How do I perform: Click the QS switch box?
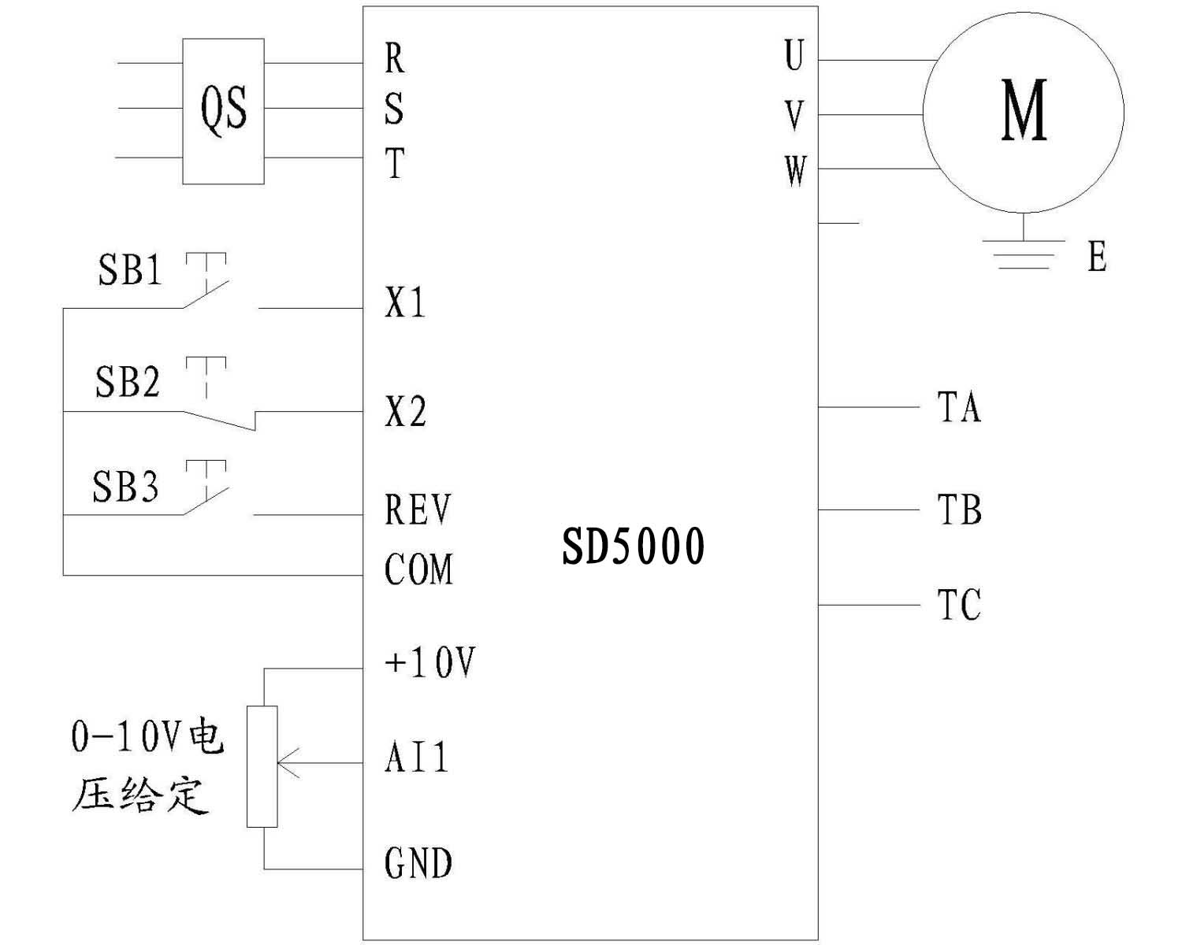point(223,111)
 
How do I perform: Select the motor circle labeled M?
point(1023,111)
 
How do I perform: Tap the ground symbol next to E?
point(1023,254)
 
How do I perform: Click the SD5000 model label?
point(633,547)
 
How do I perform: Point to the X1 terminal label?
point(405,302)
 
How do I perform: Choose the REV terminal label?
point(418,510)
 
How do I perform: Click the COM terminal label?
point(418,569)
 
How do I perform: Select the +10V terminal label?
point(429,662)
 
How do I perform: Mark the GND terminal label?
point(418,863)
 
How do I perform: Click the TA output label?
point(959,407)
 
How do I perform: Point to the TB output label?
point(959,510)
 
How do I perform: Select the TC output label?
point(959,605)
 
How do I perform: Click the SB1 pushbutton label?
point(130,270)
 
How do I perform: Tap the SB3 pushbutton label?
point(126,486)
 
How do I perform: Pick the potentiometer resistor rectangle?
point(262,766)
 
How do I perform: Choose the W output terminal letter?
point(796,170)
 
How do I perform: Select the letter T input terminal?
point(395,164)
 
